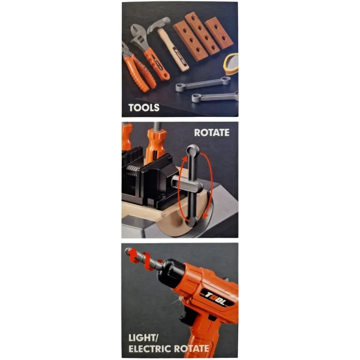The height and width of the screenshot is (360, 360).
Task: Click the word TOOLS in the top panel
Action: pos(144,108)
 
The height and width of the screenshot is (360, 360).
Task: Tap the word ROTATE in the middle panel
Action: pos(211,132)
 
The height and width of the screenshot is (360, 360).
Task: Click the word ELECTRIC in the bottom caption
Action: pos(150,348)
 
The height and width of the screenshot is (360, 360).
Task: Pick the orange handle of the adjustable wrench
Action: pos(156,64)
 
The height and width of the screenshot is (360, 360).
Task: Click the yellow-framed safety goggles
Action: pos(231,64)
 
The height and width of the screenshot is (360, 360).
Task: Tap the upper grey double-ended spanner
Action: pos(203,84)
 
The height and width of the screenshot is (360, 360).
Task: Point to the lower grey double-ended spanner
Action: pos(215,97)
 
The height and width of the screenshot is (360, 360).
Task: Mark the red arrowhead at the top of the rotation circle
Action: pos(185,159)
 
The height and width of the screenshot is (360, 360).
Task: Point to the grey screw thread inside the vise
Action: pos(133,170)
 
